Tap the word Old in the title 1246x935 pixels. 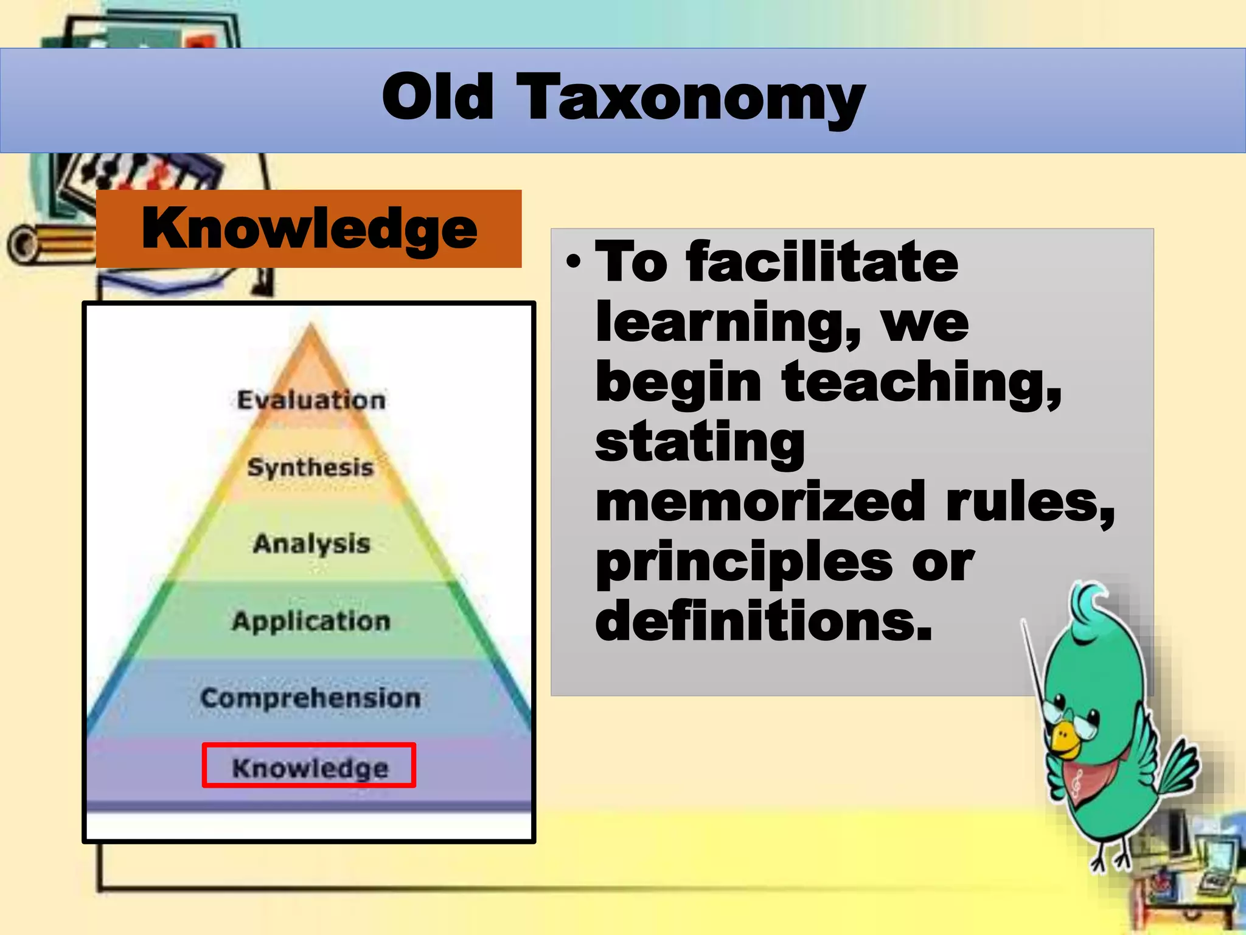click(x=438, y=97)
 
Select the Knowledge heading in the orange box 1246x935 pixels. click(x=309, y=229)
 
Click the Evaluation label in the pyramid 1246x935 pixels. click(x=311, y=400)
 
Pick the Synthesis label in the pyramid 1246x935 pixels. click(x=310, y=467)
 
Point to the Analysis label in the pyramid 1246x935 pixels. click(x=311, y=544)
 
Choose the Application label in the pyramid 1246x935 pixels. click(x=311, y=622)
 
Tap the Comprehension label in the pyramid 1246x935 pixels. click(x=310, y=698)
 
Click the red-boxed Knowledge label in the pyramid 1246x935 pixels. click(x=310, y=767)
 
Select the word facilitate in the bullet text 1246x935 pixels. click(x=822, y=262)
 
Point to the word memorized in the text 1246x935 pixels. click(x=760, y=501)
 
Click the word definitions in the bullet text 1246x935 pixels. click(x=764, y=620)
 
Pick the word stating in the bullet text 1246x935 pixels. click(x=700, y=443)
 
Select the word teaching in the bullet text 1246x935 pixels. click(x=921, y=382)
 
